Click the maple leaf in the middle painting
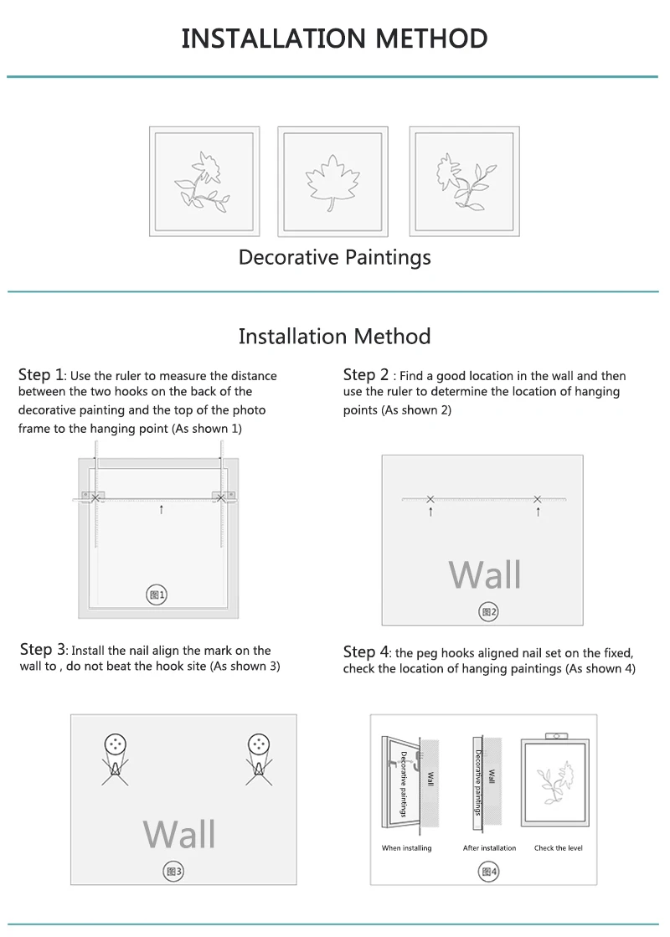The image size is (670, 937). point(332,182)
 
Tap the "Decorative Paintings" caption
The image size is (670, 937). point(335,258)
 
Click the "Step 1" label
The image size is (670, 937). point(41,374)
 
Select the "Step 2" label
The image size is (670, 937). point(366,374)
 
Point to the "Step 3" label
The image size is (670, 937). point(43,650)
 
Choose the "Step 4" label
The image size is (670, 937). point(366,652)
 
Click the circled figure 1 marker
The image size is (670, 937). point(157,595)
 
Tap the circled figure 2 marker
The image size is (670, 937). point(488,611)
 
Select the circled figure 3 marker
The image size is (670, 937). point(173,871)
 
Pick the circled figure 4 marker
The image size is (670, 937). point(488,872)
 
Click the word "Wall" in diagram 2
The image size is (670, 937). point(485,575)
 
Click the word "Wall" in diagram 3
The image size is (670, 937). point(179,834)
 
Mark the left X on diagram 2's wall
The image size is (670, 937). point(430,499)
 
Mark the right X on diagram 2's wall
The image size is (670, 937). point(538,499)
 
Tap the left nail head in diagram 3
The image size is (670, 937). point(115,744)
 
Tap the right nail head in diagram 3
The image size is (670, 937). point(259,744)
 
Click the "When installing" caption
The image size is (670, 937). point(406,848)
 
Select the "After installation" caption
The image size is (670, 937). point(489,848)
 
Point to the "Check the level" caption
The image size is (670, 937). point(559,848)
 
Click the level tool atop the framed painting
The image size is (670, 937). point(556,736)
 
